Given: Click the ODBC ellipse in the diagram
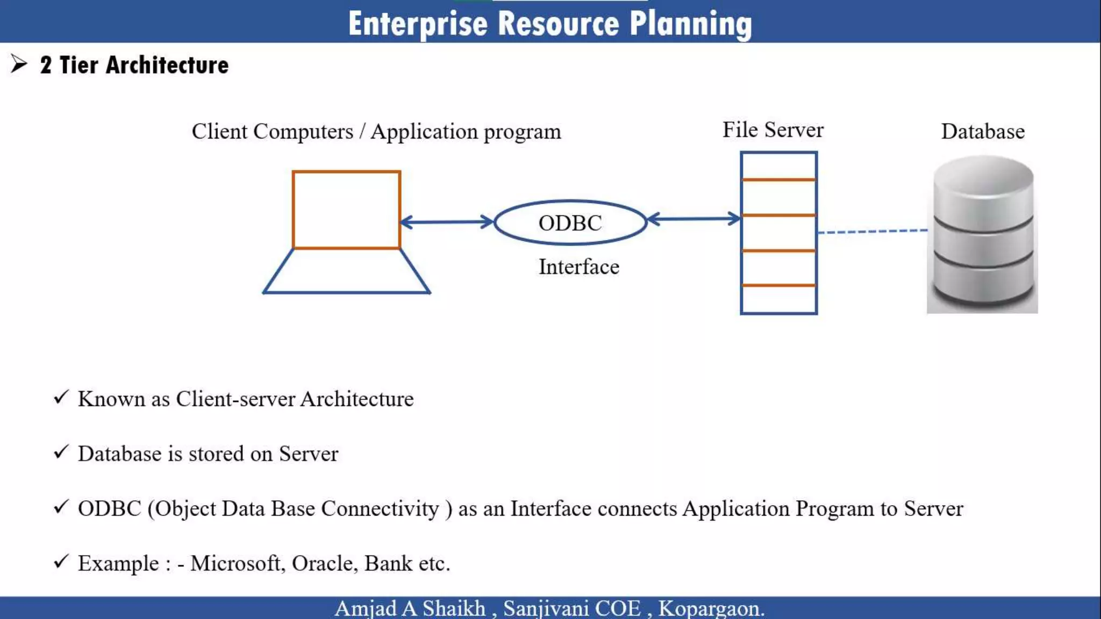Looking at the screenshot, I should pyautogui.click(x=570, y=222).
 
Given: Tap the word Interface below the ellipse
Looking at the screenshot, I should pyautogui.click(x=579, y=267).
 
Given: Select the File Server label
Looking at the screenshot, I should pyautogui.click(x=773, y=130).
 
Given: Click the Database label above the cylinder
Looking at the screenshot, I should pyautogui.click(x=982, y=132).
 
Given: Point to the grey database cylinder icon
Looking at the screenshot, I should pyautogui.click(x=983, y=234).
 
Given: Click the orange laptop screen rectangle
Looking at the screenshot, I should pyautogui.click(x=347, y=210).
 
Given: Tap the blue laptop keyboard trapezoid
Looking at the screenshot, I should pyautogui.click(x=347, y=271).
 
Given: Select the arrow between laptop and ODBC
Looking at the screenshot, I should pyautogui.click(x=447, y=221).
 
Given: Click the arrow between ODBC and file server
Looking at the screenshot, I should pyautogui.click(x=694, y=219).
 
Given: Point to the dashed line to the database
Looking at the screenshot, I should pyautogui.click(x=872, y=232).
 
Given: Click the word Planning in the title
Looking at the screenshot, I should pyautogui.click(x=690, y=24).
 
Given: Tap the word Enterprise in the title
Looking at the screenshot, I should pyautogui.click(x=418, y=24).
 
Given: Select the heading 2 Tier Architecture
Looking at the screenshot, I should pyautogui.click(x=134, y=65).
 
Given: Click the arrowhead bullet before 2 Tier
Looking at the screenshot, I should pyautogui.click(x=19, y=64).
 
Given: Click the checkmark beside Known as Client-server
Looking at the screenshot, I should pyautogui.click(x=61, y=398).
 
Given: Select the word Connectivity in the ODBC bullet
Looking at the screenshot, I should pyautogui.click(x=380, y=508).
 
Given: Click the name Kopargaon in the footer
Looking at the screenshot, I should pyautogui.click(x=710, y=608).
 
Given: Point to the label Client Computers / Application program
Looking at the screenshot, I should pyautogui.click(x=376, y=132).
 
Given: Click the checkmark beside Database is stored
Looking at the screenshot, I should pyautogui.click(x=61, y=452).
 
